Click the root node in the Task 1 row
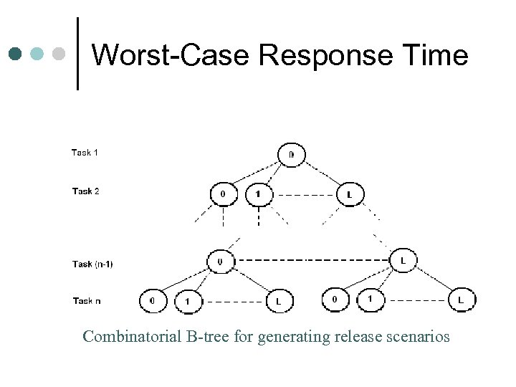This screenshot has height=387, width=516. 291,154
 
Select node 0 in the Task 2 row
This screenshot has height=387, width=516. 223,194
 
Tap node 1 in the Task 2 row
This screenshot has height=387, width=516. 258,194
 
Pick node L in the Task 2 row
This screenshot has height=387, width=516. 349,194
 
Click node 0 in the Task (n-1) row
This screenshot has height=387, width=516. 219,262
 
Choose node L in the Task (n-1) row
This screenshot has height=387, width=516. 403,262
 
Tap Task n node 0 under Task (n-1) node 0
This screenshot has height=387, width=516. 152,301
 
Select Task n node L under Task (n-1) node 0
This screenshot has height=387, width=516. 278,301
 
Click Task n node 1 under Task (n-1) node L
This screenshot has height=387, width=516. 370,300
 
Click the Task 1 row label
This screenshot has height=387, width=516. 85,153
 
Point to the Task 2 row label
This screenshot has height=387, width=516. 85,191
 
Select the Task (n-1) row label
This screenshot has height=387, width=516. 92,264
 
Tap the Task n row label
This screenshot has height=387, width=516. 86,301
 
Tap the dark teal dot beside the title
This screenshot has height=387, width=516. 15,54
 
